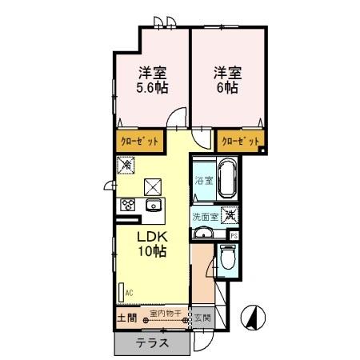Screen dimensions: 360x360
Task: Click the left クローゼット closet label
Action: coord(139,142)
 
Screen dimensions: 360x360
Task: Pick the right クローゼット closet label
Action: coord(240,142)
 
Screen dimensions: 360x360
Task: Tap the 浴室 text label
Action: coord(204,182)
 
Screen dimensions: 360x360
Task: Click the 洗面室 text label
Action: coord(204,216)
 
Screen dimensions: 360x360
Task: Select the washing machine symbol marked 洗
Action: coord(230,215)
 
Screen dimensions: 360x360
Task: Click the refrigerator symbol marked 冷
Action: coord(126,164)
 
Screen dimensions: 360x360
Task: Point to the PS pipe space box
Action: coord(234,235)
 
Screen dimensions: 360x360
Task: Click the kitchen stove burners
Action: coord(128,205)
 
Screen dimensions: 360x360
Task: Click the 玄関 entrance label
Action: coord(200,317)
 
